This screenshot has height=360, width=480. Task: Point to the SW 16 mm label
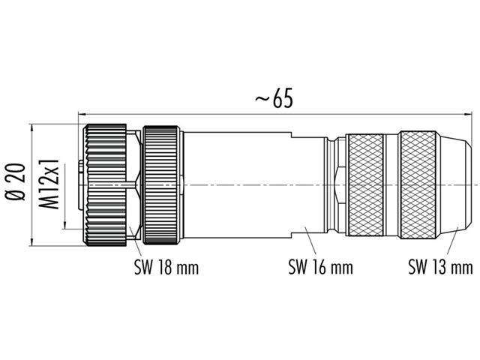[x=320, y=266]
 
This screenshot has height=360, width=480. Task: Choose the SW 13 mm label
[x=440, y=266]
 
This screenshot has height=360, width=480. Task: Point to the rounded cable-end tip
[x=460, y=184]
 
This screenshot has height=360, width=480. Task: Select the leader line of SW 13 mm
[x=451, y=240]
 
